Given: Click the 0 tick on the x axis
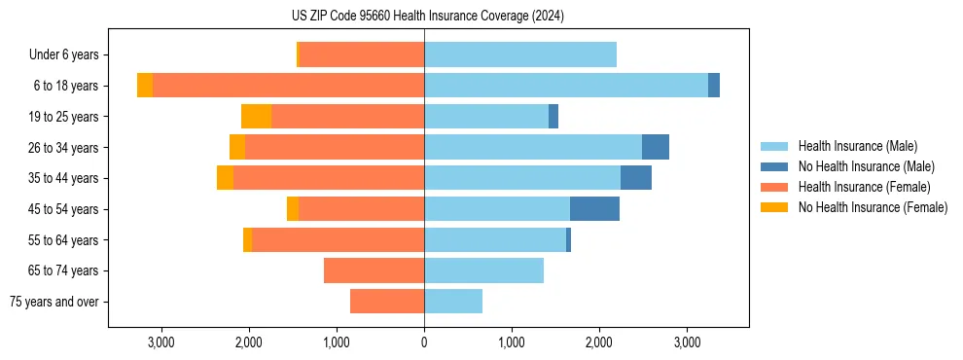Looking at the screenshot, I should click(424, 342).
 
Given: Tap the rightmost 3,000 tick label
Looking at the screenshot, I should click(687, 342).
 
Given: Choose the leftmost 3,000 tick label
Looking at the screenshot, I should click(160, 342).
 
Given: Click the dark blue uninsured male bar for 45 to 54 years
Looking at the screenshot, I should click(594, 209).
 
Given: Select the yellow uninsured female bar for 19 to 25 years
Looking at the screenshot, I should click(256, 117).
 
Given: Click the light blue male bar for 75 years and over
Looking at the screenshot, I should click(453, 302).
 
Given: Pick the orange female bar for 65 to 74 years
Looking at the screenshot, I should click(374, 270).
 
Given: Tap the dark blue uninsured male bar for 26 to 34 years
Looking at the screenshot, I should click(656, 147).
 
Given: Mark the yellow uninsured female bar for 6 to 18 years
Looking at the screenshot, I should click(145, 86).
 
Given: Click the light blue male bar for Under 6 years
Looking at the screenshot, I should click(520, 55).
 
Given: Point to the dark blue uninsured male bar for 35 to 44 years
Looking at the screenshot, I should click(636, 178).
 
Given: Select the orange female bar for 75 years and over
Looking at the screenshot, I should click(387, 302).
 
